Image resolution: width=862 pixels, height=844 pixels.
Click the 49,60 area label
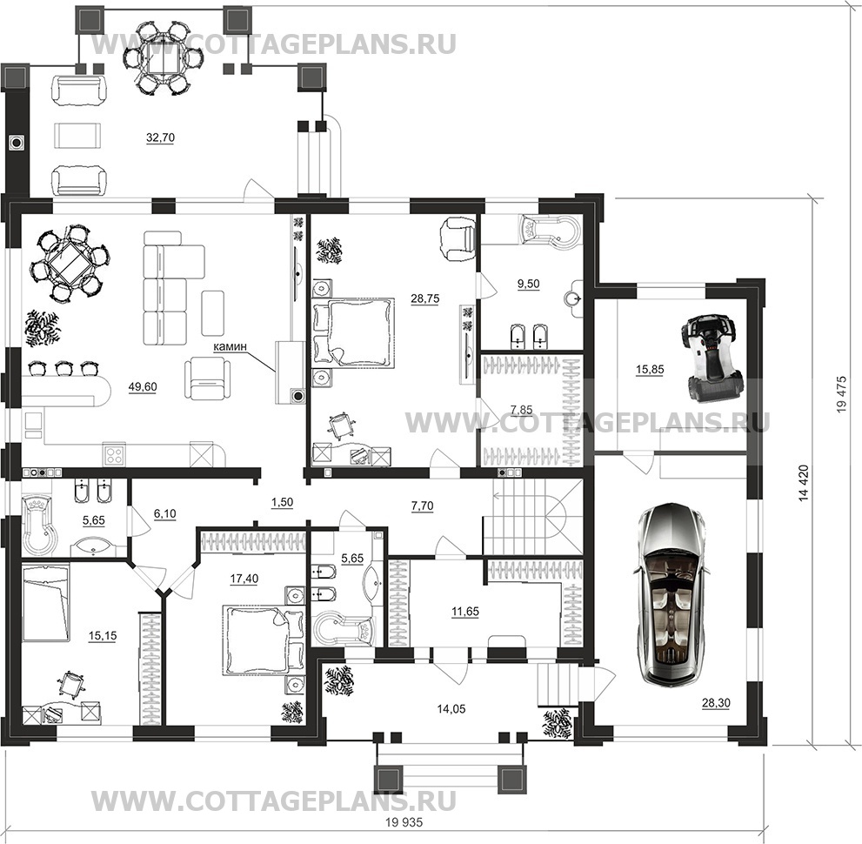point(143,387)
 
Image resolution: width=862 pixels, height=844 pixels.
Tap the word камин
point(230,346)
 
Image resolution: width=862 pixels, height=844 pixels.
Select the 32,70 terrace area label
point(160,137)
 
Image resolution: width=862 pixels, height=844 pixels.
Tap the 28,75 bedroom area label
point(425,298)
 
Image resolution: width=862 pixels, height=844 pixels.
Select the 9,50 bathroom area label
point(528,285)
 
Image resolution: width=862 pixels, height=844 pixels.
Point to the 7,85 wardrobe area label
point(521,410)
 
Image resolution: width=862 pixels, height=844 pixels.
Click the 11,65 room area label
point(465,612)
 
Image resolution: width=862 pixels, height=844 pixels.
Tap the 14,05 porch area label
point(451,709)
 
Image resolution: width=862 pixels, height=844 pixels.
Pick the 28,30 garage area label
point(716,702)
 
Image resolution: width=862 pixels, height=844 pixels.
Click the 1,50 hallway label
point(282,502)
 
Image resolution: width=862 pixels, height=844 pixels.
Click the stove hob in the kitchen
point(114,455)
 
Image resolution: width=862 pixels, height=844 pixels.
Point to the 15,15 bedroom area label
point(103,636)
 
